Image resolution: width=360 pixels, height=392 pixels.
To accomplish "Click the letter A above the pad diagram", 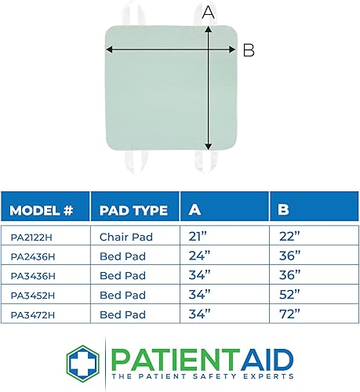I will [208, 12].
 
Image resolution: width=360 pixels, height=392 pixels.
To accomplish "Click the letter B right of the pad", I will [249, 49].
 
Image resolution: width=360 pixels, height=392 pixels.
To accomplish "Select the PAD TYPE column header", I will [133, 210].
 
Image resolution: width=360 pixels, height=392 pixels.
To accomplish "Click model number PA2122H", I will [28, 236].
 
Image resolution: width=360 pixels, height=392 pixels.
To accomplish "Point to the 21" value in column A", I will [199, 236].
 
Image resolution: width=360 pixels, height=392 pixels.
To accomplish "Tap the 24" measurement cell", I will [200, 254].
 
